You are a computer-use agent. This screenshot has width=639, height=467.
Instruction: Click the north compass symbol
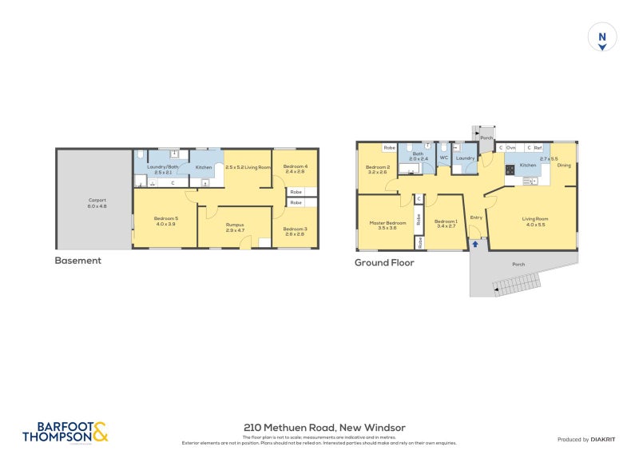coord(602,38)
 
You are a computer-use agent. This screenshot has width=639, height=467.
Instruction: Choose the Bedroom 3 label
coord(295,230)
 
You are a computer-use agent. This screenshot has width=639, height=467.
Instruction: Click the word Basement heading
coord(77,261)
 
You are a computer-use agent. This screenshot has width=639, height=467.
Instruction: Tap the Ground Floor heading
coord(384,262)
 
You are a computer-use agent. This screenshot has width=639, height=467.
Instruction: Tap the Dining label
coord(564,166)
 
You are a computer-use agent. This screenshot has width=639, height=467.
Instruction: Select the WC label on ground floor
coord(443,158)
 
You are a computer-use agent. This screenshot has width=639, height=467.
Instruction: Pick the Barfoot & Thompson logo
coord(65,432)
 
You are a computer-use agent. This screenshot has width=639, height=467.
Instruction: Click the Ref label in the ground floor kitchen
coord(538,148)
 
